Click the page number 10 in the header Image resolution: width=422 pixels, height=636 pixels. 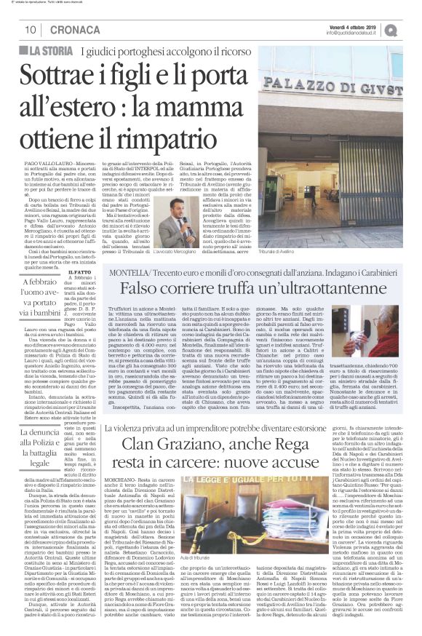[31, 29]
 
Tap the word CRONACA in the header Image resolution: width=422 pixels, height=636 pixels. [68, 29]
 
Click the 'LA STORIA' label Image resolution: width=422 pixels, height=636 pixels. [51, 49]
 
